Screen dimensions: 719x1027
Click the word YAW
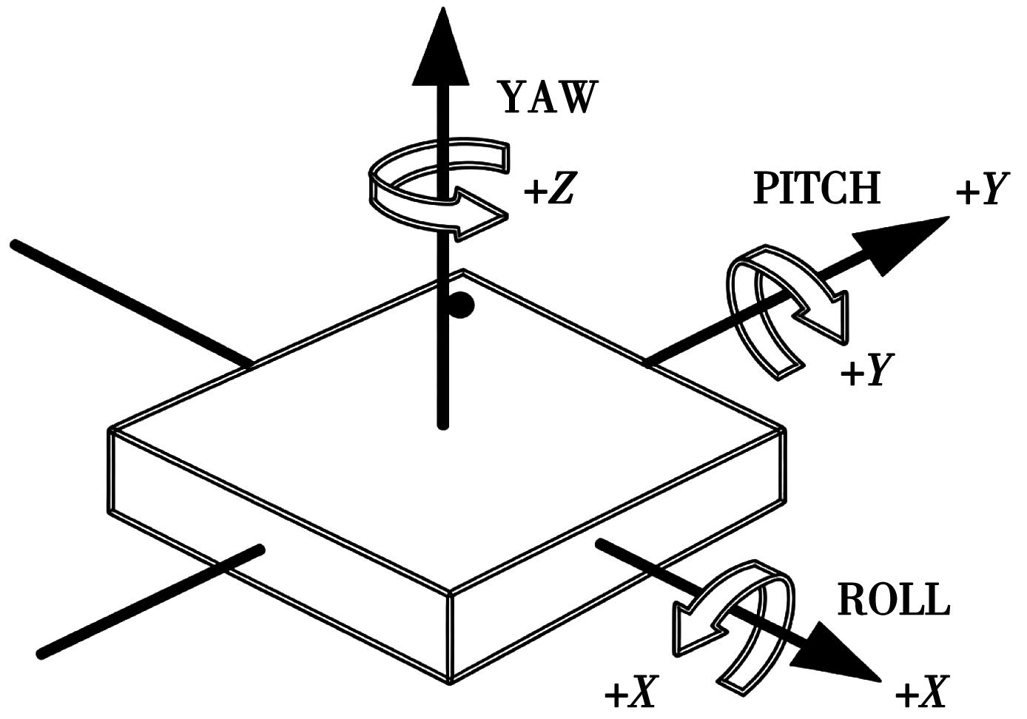[x=548, y=98]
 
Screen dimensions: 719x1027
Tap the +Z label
[x=549, y=192]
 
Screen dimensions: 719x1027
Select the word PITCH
[x=817, y=189]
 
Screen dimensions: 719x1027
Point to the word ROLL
[x=893, y=601]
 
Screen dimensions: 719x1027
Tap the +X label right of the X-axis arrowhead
[x=921, y=695]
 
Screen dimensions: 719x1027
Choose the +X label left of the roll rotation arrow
[x=630, y=695]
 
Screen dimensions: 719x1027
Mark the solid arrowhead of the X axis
[x=840, y=652]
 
